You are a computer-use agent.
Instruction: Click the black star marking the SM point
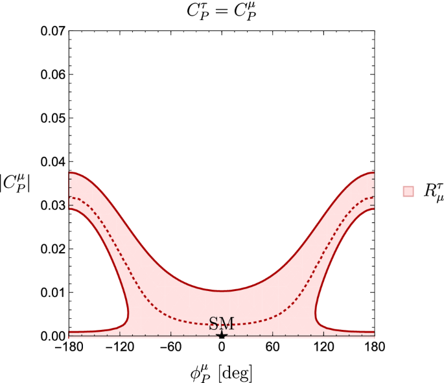pyautogui.click(x=222, y=334)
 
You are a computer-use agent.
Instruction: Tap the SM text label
pyautogui.click(x=222, y=323)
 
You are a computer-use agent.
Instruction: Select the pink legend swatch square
pyautogui.click(x=408, y=191)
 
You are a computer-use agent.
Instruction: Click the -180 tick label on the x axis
pyautogui.click(x=68, y=347)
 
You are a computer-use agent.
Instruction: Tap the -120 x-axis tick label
pyautogui.click(x=119, y=347)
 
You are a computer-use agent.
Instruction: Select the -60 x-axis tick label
pyautogui.click(x=170, y=347)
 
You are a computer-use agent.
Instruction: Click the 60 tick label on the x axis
pyautogui.click(x=273, y=347)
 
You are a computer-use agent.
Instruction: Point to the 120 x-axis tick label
pyautogui.click(x=324, y=347)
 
